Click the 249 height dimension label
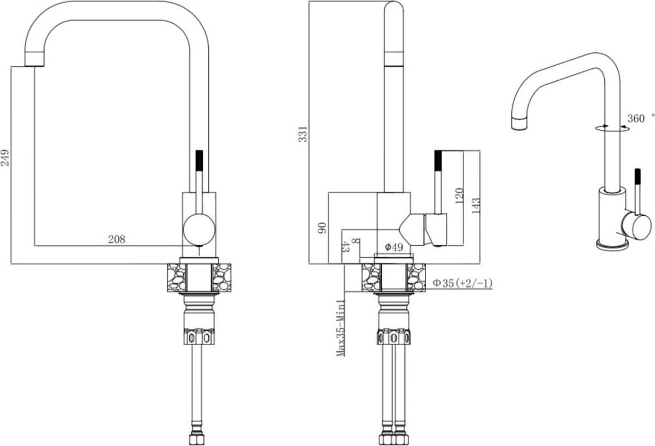6,158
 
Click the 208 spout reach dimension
116,239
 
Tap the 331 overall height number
303,134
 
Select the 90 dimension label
322,227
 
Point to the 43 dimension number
346,247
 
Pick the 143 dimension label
476,206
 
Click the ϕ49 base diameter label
394,247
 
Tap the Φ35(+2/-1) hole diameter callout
462,283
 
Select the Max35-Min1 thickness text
341,327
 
